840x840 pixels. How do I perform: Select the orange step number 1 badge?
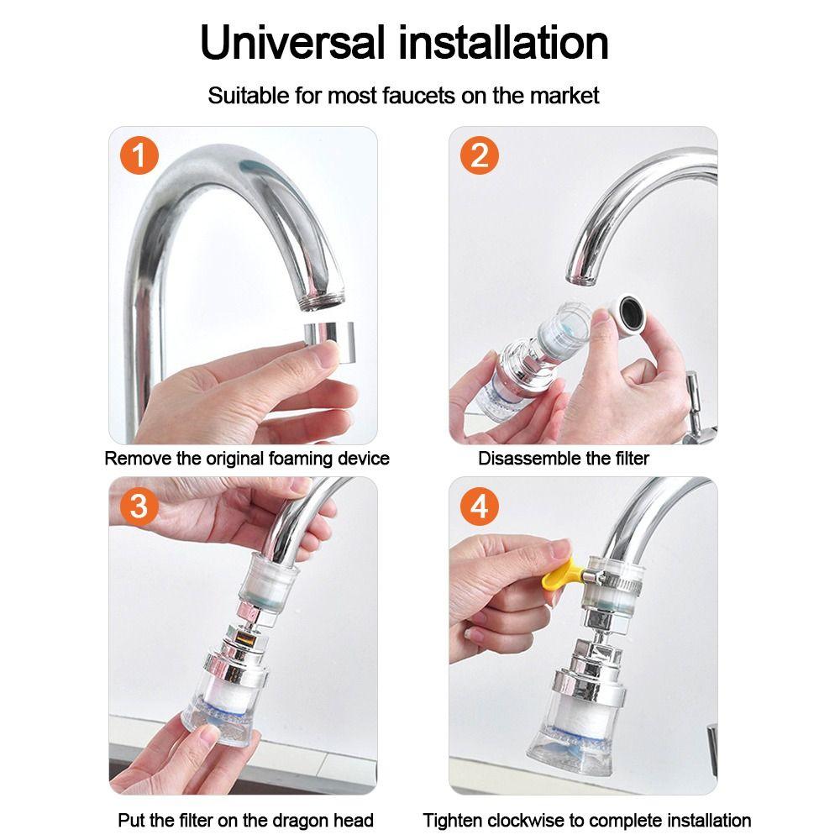(140, 157)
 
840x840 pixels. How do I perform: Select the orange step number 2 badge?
(479, 157)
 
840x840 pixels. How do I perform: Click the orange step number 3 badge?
(140, 507)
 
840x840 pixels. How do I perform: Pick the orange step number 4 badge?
(479, 507)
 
